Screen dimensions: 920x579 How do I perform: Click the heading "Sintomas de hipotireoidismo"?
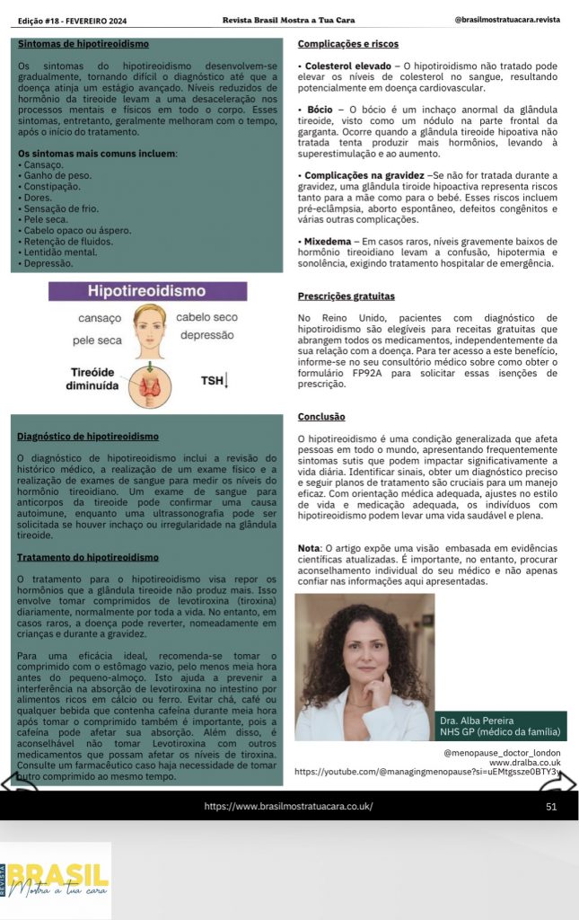point(83,43)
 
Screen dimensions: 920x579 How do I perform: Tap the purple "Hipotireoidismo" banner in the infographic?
point(147,291)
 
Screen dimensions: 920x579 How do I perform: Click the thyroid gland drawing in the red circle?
point(147,385)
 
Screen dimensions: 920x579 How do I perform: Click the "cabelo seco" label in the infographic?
point(206,317)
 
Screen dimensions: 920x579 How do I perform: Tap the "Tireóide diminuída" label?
point(93,379)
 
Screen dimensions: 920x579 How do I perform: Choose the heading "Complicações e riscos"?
point(348,43)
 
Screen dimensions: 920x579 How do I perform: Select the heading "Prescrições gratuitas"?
point(347,296)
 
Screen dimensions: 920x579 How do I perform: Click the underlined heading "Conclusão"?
point(321,416)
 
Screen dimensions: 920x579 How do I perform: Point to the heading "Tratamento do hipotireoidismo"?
point(88,557)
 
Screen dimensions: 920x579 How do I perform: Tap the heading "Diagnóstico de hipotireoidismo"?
point(88,437)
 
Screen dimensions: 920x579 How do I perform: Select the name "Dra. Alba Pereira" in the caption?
point(476,721)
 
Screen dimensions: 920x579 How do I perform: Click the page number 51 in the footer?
point(551,806)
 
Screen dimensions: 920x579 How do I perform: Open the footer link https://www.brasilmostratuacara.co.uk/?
point(288,806)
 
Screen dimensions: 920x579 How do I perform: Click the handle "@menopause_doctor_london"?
point(502,752)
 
